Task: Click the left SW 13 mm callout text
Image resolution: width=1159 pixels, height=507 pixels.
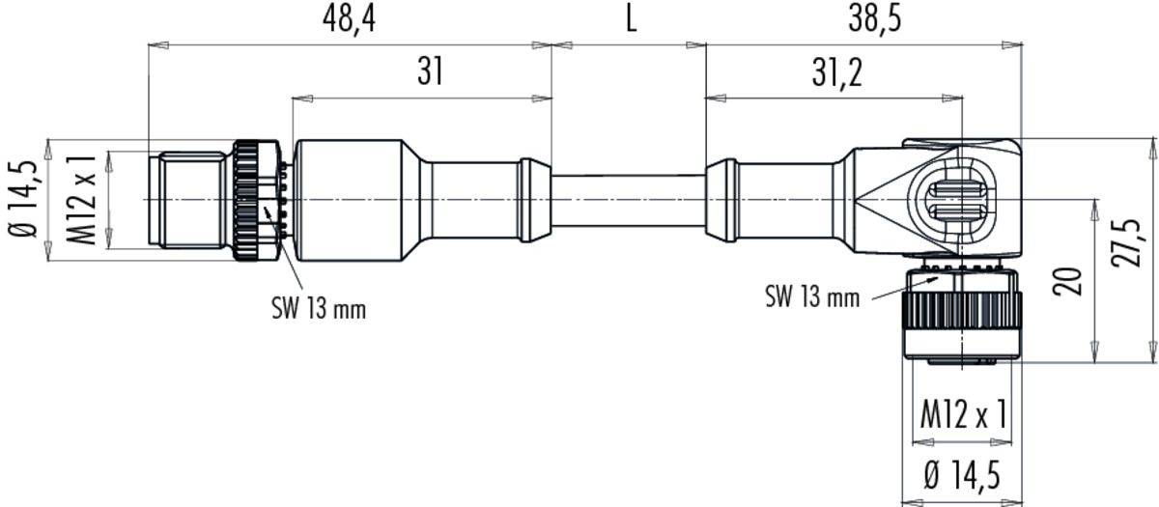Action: [319, 309]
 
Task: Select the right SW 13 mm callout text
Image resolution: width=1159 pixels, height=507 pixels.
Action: [811, 296]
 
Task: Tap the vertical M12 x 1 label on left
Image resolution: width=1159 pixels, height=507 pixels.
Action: [87, 199]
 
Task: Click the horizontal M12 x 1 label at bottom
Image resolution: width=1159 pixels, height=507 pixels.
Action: [963, 415]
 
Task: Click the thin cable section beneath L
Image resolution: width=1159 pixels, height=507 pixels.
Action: [628, 200]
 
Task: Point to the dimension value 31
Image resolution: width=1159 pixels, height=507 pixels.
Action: [430, 72]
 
